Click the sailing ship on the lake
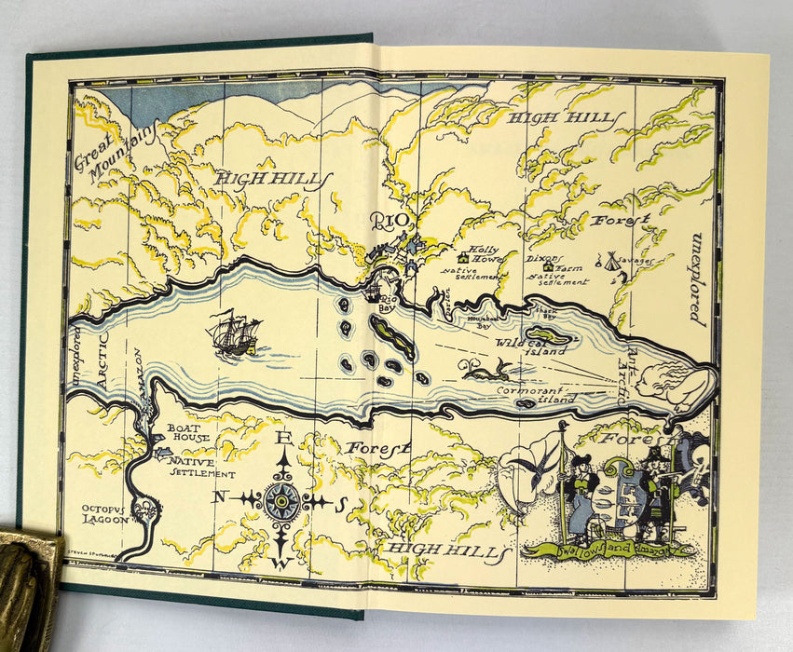234,333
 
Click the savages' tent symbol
611,260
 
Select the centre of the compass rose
281,500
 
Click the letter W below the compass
282,563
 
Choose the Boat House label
185,435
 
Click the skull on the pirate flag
700,460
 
